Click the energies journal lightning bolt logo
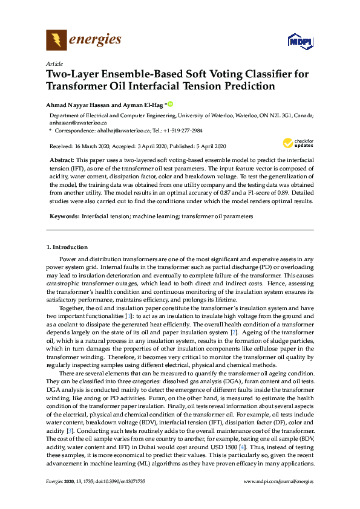(x=57, y=41)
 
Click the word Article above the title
(x=54, y=63)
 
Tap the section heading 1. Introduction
(x=67, y=247)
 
